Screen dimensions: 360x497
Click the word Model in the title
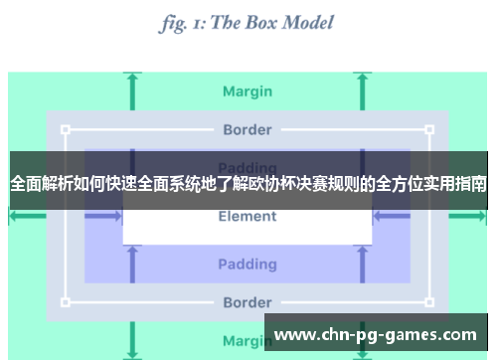tap(299, 22)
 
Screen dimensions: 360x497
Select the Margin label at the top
tap(248, 91)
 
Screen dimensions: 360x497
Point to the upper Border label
tap(248, 129)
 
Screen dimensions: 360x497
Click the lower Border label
tap(248, 302)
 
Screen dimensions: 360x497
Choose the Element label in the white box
tap(248, 217)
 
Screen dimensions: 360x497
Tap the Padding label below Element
tap(248, 264)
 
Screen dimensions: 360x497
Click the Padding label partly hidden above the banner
tap(248, 163)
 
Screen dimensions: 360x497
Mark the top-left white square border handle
tap(66, 129)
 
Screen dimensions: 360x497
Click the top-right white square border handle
tap(429, 129)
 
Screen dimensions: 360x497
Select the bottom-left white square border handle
tap(66, 302)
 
